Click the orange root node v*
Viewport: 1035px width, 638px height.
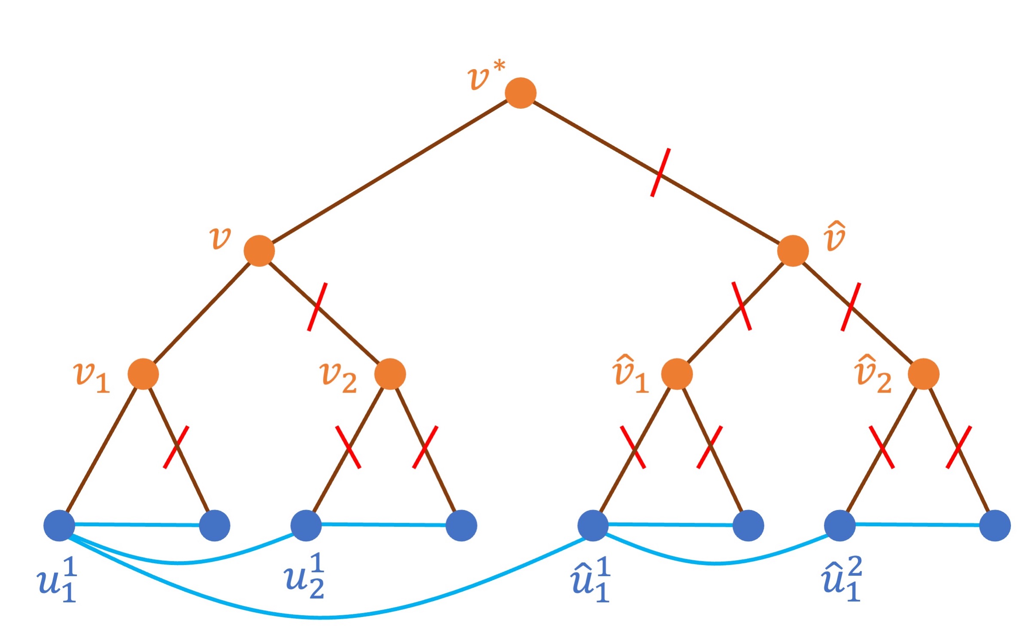tap(520, 93)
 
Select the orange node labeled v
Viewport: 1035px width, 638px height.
tap(259, 250)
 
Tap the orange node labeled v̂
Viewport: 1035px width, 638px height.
tap(793, 250)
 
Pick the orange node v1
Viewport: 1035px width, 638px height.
tap(143, 374)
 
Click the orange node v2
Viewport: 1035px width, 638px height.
tap(390, 374)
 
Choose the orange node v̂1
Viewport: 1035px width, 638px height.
tap(677, 374)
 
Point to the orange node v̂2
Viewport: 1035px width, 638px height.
tap(924, 374)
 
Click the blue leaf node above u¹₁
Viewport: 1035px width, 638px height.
tap(59, 525)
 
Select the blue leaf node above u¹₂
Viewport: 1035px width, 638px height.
tap(306, 525)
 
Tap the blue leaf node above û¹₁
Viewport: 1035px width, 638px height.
tap(593, 525)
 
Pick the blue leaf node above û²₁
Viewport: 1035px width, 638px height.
tap(840, 525)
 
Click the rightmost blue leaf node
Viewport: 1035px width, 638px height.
tap(995, 525)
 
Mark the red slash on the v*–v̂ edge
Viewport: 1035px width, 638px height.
tap(660, 173)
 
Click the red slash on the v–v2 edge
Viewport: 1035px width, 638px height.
tap(317, 307)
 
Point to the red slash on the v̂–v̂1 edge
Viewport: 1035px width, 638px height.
tap(742, 306)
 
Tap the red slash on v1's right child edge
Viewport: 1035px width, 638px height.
tap(176, 447)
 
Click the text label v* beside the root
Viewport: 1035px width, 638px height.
tap(486, 76)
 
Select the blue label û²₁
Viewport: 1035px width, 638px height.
tap(842, 579)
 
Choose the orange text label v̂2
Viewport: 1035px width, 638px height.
tap(873, 375)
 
